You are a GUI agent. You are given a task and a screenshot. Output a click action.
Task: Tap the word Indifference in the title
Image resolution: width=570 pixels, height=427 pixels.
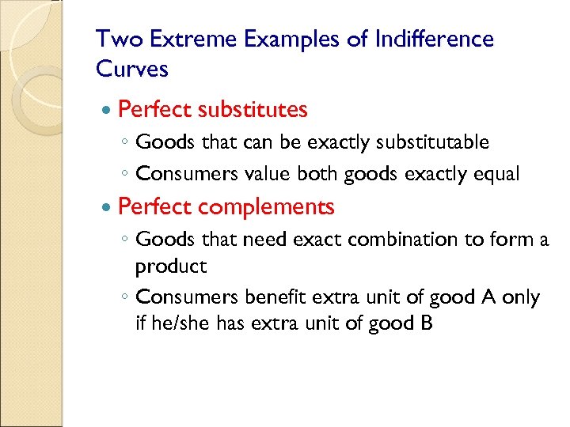[431, 39]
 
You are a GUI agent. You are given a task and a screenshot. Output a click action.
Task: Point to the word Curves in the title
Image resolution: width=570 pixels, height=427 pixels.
[132, 70]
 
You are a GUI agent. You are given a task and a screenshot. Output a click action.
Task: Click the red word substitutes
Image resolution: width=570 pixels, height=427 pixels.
[253, 109]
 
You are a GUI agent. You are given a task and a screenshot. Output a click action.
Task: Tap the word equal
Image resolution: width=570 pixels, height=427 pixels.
[496, 175]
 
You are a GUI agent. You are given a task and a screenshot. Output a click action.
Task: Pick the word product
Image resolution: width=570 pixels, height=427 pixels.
[171, 267]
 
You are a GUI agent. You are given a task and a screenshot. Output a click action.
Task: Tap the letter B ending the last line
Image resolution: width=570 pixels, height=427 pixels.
[427, 323]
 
